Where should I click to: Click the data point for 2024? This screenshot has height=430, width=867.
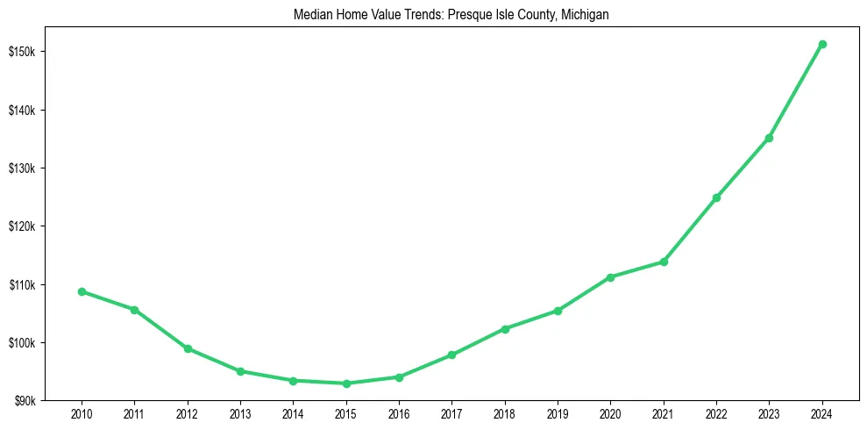[x=822, y=44]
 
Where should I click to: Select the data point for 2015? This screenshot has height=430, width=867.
[x=346, y=383]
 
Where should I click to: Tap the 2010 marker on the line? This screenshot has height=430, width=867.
[x=82, y=291]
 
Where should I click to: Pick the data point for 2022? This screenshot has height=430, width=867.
[x=716, y=197]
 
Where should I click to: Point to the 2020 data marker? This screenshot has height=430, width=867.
[x=610, y=277]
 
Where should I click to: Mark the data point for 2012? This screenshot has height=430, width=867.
[x=188, y=348]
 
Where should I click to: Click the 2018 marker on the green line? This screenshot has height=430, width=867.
[x=505, y=329]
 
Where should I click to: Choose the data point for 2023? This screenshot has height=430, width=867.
[x=769, y=138]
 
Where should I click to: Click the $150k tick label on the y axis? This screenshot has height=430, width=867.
[x=22, y=52]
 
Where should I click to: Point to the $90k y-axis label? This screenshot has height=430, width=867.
[x=24, y=401]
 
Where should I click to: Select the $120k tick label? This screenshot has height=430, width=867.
[x=22, y=226]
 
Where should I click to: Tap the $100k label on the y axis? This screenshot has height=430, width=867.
[x=22, y=343]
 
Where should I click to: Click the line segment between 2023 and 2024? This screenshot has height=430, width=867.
[x=796, y=90]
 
